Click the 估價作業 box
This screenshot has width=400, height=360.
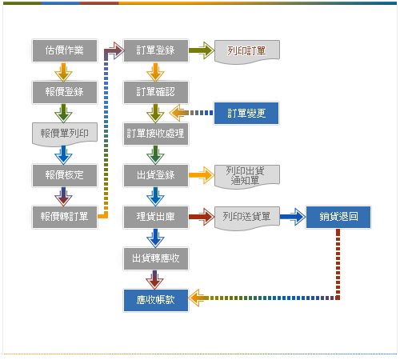tap(65, 50)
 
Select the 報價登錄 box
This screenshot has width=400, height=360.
tap(65, 92)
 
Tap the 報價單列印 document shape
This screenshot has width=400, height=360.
tap(65, 134)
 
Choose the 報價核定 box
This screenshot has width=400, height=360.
tap(65, 175)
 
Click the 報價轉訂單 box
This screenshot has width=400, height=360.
tap(65, 217)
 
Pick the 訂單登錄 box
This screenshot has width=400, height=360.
tap(156, 50)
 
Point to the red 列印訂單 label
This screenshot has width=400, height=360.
tap(246, 50)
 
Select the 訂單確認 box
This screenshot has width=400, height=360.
tap(156, 92)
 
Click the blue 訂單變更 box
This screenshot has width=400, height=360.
tap(246, 113)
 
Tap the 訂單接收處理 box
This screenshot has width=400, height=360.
tap(156, 134)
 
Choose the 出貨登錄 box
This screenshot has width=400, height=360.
tap(156, 175)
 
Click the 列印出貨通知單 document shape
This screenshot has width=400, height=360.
tap(247, 176)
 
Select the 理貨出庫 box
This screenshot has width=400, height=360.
tap(156, 217)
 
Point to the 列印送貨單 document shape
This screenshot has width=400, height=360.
tap(247, 218)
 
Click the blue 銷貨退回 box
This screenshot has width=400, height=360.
tap(338, 217)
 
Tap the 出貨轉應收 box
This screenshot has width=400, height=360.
tap(156, 258)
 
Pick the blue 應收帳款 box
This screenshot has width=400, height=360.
tap(156, 300)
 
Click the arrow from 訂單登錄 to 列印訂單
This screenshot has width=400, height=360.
tap(202, 50)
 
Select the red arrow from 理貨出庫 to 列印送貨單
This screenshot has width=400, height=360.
tap(202, 217)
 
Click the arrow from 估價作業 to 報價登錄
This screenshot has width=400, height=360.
tap(63, 72)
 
